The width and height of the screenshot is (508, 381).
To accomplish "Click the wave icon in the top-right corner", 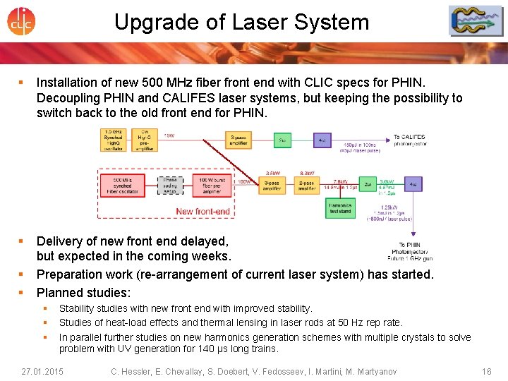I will [x=476, y=21].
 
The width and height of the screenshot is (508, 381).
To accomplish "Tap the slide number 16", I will [x=486, y=371].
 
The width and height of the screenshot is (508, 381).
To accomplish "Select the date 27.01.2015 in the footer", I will [x=42, y=371].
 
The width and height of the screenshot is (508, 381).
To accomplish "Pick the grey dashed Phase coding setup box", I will [x=170, y=186].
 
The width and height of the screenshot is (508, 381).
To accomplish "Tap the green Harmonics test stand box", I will [x=341, y=207].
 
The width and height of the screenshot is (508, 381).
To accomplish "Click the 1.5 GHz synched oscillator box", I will [x=114, y=140].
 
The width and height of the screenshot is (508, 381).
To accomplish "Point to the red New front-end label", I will [x=202, y=211].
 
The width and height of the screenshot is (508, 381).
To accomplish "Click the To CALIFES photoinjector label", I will [x=409, y=140].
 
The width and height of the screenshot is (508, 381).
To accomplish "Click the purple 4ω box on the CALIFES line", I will [x=322, y=140].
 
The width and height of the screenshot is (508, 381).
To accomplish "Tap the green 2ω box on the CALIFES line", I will [x=282, y=140].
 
